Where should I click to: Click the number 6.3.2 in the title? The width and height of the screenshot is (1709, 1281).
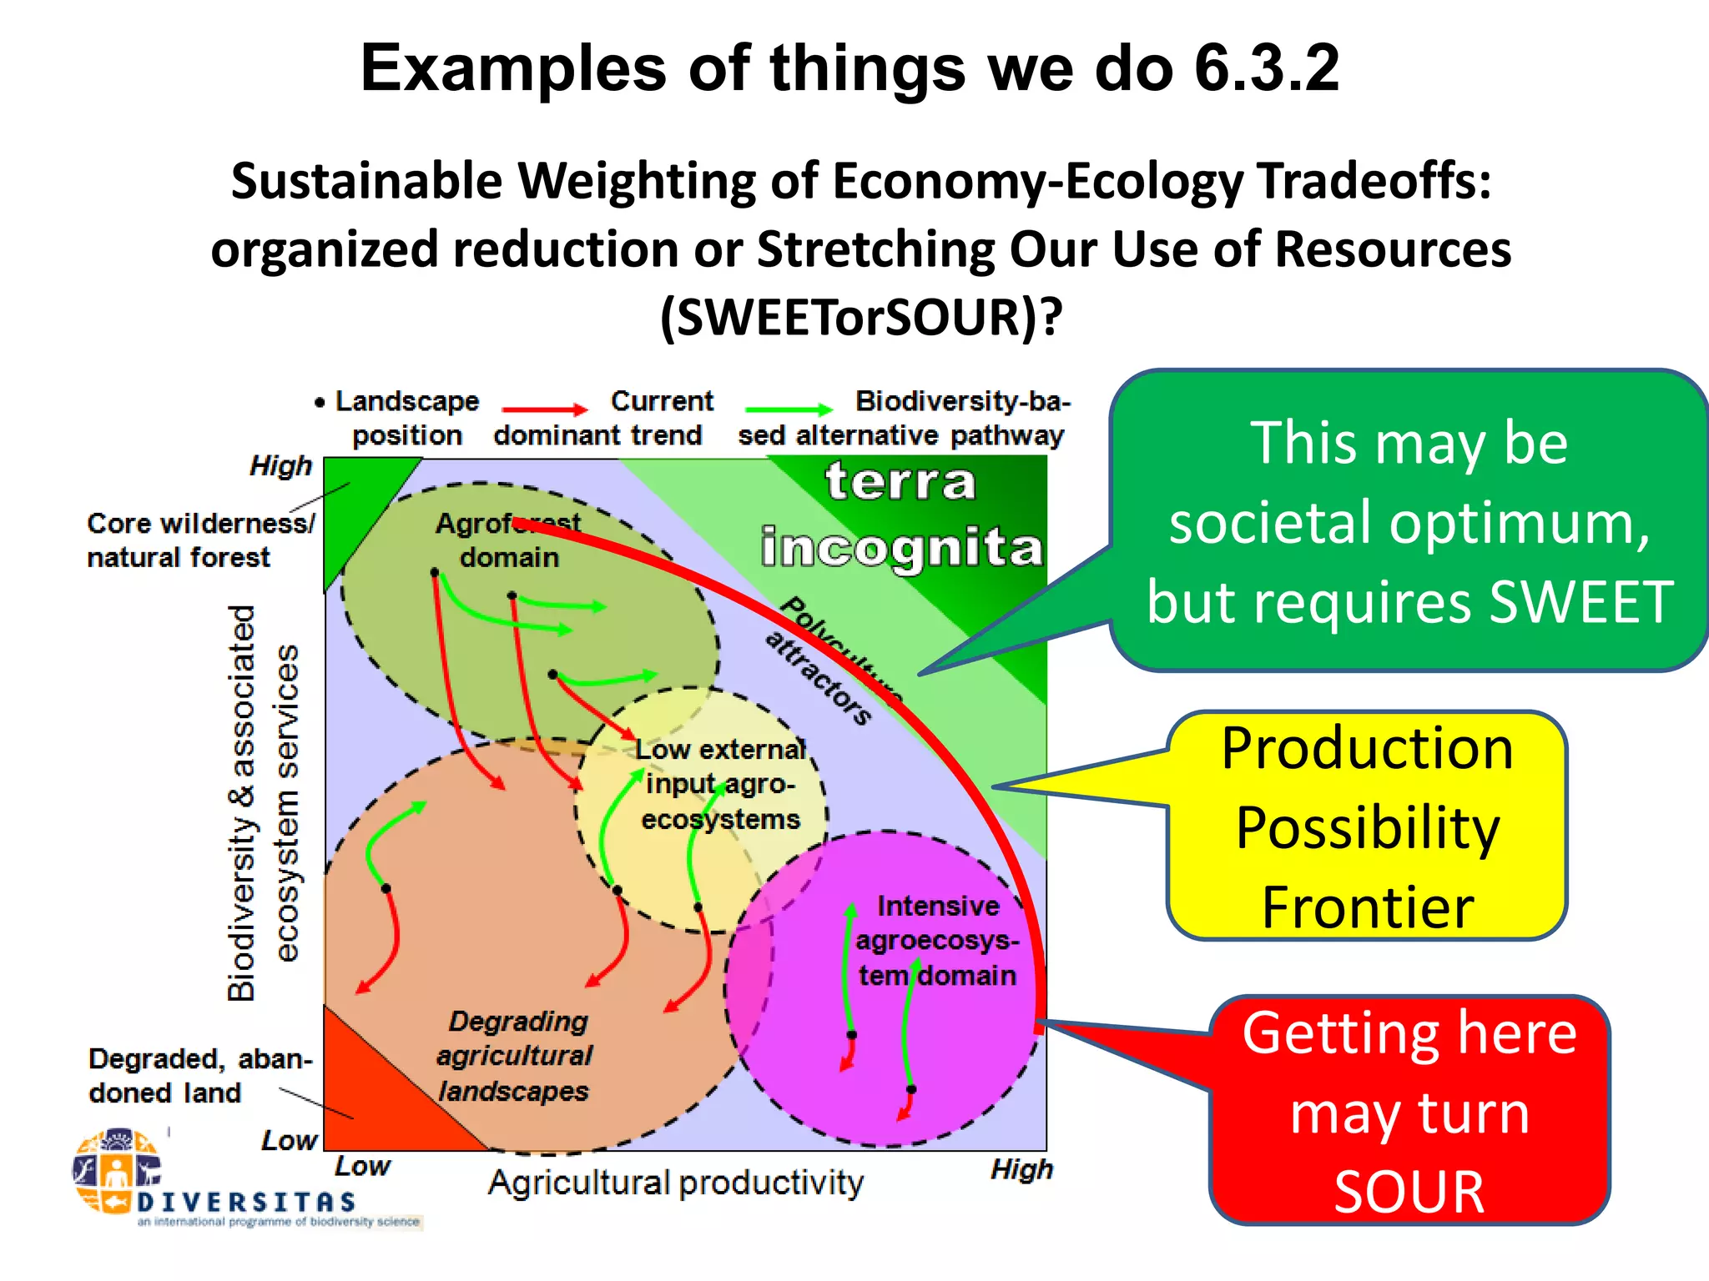point(1266,68)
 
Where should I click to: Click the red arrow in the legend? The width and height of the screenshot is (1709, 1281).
point(545,409)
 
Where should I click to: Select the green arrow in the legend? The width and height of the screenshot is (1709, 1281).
point(789,409)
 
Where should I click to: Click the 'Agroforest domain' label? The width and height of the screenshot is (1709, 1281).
point(508,540)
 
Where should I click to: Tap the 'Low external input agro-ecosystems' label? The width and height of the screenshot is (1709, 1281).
point(720,784)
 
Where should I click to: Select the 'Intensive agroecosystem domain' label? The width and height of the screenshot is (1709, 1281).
point(938,941)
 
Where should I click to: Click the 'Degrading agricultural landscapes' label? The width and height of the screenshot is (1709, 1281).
point(515,1056)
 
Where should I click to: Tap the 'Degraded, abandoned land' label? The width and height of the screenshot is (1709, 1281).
point(199,1076)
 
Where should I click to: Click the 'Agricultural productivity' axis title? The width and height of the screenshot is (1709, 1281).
point(676,1183)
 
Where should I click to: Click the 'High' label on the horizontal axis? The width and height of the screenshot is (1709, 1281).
point(1021,1169)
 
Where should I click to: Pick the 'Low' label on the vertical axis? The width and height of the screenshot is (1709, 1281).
point(289,1140)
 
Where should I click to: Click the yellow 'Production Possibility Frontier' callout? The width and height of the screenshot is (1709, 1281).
point(1367,826)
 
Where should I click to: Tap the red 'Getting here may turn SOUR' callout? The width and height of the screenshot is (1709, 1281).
point(1409,1111)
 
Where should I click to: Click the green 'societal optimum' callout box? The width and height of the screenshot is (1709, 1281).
point(1409,521)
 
